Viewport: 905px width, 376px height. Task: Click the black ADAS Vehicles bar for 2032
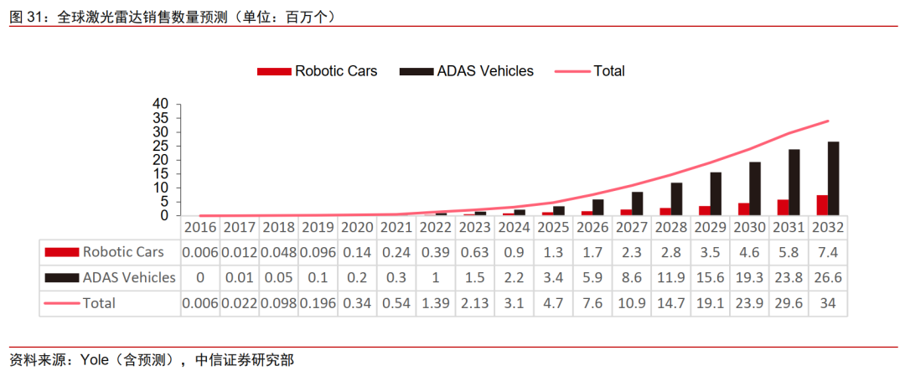[x=834, y=178]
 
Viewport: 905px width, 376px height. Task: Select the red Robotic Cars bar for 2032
[x=822, y=205]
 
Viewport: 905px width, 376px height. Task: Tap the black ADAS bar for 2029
[x=716, y=193]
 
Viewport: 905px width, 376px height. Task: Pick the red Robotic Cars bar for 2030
[x=743, y=209]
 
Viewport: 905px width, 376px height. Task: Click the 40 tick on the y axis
[x=161, y=104]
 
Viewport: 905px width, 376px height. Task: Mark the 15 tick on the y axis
[x=161, y=173]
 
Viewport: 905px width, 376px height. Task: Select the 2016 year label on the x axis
[x=200, y=227]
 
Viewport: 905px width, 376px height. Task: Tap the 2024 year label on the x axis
[x=514, y=227]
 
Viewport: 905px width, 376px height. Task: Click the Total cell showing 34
[x=828, y=303]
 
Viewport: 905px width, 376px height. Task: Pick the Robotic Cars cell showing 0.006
[x=200, y=251]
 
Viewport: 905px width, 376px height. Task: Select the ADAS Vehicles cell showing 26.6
[x=828, y=277]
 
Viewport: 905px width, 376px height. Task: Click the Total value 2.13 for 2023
[x=474, y=303]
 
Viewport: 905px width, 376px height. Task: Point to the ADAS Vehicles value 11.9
[x=670, y=277]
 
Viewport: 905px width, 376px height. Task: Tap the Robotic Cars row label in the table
[x=122, y=251]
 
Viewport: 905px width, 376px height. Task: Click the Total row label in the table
[x=99, y=303]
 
